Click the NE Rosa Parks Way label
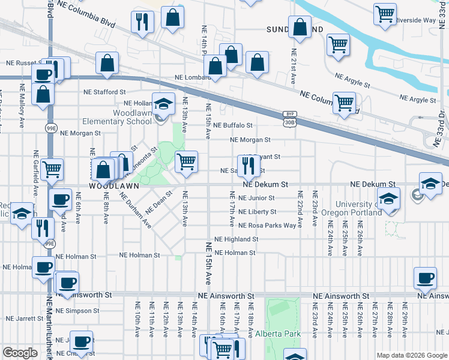coord(268,226)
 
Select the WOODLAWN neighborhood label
coord(114,187)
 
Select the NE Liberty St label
coord(257,212)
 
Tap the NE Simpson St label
coord(77,311)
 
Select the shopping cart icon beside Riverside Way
coord(385,14)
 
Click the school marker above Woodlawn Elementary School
coord(163,104)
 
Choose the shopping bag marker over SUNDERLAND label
coord(300,27)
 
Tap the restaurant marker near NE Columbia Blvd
coord(143,22)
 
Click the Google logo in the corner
coord(20,353)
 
